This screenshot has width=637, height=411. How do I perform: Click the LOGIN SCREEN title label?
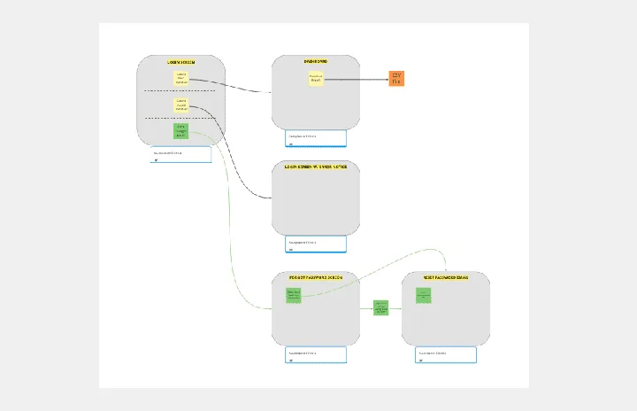[x=180, y=62]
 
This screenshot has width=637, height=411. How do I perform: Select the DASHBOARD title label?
[x=316, y=61]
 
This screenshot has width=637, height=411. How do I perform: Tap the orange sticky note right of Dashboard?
[x=396, y=78]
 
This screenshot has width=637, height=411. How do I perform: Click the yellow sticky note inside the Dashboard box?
[x=316, y=79]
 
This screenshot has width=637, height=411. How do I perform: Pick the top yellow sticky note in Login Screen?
[x=181, y=79]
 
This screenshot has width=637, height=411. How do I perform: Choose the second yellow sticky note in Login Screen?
[x=181, y=105]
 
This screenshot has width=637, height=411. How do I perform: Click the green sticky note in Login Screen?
[x=180, y=130]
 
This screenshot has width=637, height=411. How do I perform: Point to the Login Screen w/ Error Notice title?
[x=316, y=167]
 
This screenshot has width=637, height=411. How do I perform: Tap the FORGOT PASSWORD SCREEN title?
[x=316, y=277]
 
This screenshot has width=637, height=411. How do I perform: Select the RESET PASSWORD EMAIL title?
[x=445, y=277]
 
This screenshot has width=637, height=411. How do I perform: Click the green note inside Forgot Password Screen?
[x=294, y=295]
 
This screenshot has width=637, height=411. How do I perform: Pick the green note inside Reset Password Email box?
[x=423, y=295]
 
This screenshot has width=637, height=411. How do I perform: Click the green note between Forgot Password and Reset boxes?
[x=380, y=308]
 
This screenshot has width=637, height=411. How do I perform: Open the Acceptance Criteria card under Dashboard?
[x=316, y=138]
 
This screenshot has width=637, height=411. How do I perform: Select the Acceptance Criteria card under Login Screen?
[x=180, y=154]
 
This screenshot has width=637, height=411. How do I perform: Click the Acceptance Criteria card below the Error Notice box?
[x=316, y=244]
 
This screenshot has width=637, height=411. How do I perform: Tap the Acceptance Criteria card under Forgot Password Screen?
[x=316, y=354]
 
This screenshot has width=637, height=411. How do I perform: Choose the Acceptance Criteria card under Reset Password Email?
[x=446, y=354]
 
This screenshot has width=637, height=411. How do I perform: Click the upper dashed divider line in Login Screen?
[x=180, y=91]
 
